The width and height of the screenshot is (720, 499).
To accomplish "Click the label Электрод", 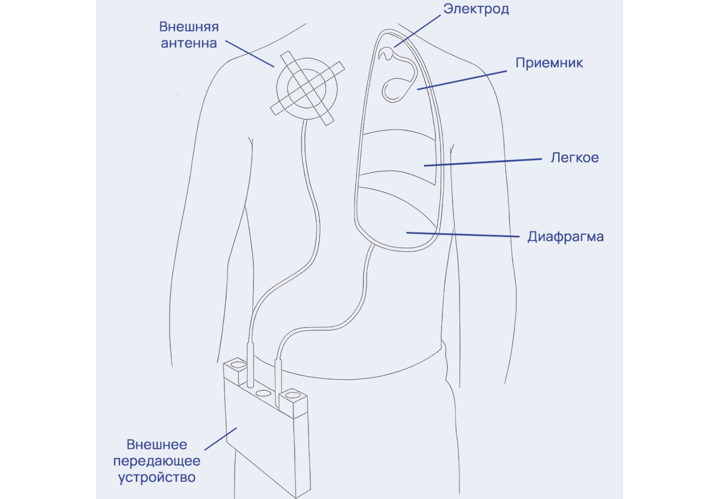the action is coord(476,9).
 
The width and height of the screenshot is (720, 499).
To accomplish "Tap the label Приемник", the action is coord(549,63).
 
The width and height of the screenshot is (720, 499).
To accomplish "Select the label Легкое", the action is coord(575,158).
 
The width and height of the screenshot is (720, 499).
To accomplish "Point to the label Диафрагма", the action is coord(565,237).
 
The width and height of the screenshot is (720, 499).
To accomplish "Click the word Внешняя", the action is coord(189,27).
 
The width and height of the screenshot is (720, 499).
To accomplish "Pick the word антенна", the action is coord(189,43).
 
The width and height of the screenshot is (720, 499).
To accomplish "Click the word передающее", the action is coord(157,461).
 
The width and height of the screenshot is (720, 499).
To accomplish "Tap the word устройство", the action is coord(157,477).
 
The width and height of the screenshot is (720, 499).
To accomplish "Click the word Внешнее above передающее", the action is coord(157,445).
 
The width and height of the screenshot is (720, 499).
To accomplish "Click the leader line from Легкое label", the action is coord(483,162).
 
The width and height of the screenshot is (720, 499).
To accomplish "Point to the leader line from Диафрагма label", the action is coord(463,235).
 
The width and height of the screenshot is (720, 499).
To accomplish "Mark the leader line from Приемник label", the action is coord(462,80).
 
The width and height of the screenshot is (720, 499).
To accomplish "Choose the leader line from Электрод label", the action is coord(417,31).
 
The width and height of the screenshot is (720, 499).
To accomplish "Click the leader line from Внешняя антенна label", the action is coord(250,54).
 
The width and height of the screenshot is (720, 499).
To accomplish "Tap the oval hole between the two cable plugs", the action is coord(263,393).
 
